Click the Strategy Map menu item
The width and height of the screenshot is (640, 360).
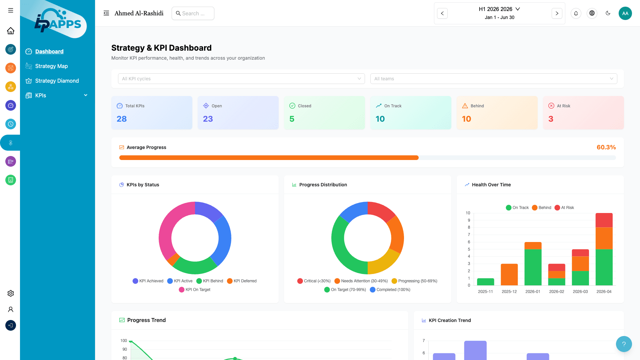[51, 66]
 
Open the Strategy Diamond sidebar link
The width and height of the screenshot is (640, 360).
[57, 81]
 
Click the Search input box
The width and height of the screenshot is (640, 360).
[193, 13]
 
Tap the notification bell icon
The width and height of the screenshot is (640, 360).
[576, 13]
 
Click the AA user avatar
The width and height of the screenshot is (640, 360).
[625, 13]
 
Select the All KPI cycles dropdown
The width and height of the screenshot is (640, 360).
[241, 79]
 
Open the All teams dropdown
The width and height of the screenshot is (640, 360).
[493, 79]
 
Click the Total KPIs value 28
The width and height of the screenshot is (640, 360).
[122, 119]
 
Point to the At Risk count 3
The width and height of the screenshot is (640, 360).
[551, 119]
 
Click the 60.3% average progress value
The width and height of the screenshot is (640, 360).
[606, 147]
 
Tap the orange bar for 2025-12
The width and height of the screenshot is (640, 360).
[509, 274]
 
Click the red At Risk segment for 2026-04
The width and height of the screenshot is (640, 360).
[604, 220]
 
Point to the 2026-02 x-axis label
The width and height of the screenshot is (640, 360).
[556, 292]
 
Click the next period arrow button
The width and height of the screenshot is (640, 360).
[557, 13]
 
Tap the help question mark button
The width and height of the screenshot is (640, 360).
[624, 344]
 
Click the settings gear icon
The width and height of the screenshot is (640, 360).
[11, 293]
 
